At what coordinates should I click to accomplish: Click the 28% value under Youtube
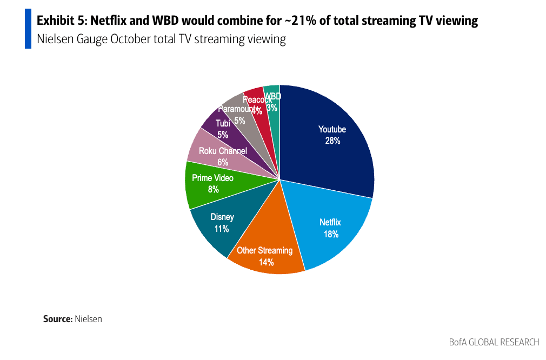tap(332, 141)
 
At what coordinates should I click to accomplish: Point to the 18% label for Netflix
tap(331, 234)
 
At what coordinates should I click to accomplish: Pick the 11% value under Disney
tap(222, 229)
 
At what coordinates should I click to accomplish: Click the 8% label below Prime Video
tap(213, 189)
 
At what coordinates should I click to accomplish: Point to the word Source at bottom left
tap(57, 319)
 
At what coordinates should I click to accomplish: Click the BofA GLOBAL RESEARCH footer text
tap(494, 342)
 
